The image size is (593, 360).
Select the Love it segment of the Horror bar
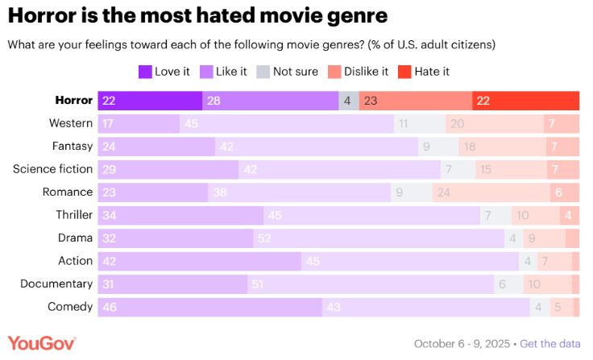(150, 101)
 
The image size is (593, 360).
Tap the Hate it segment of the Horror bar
(525, 101)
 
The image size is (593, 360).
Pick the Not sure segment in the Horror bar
(348, 101)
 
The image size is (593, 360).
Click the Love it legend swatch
(145, 72)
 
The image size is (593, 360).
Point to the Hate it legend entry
(424, 72)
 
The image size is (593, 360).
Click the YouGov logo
(42, 344)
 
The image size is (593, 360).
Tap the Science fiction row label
(52, 169)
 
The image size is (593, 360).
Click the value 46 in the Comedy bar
(108, 307)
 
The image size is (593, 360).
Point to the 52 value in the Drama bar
(264, 238)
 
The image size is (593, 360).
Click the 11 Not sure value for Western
(404, 123)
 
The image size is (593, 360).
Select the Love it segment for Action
(199, 261)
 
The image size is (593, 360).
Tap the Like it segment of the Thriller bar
(371, 215)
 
